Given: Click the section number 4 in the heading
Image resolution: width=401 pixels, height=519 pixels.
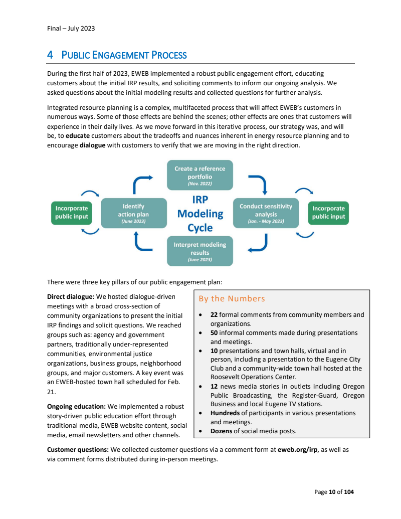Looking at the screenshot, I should pos(50,55).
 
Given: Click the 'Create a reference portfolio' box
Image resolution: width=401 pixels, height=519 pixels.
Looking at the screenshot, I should pos(199,175).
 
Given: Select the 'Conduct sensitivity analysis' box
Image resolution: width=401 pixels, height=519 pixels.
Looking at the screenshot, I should pos(266,213).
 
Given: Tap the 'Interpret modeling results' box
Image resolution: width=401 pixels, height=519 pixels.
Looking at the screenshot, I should pos(199,251).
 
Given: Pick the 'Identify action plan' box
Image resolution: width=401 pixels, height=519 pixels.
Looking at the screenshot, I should pos(133,213).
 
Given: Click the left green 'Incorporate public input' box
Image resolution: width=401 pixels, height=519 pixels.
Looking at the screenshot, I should pos(72,213).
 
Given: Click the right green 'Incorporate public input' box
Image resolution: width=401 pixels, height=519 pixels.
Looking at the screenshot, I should pos(328,213).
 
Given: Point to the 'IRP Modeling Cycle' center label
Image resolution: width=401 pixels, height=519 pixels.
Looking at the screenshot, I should pos(199,214).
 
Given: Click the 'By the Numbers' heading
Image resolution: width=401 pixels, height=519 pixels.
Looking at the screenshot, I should pos(232,299).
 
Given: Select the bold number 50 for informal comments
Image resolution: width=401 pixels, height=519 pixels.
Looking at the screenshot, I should pos(214,333).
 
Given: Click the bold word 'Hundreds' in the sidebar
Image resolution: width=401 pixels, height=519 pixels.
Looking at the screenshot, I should pos(225,413).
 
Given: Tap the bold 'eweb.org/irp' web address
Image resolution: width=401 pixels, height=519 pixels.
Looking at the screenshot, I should pos(298,450).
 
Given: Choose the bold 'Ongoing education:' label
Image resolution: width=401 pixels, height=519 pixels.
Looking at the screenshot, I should pos(76,407).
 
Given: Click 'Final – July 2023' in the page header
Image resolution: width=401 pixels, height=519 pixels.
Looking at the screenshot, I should pos(71,28).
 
